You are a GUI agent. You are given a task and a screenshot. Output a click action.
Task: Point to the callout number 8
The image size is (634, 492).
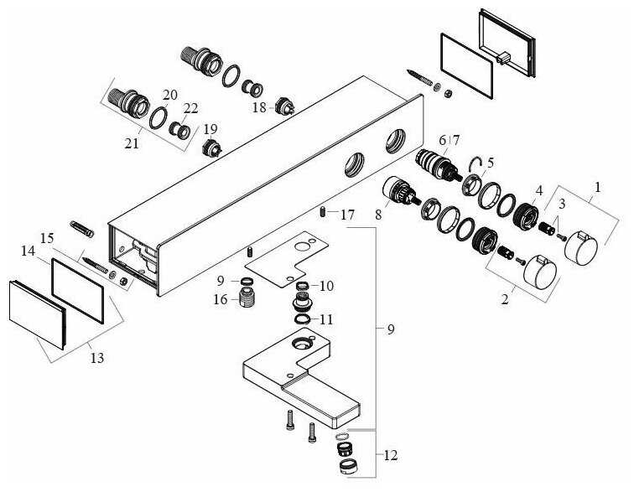pos(378,215)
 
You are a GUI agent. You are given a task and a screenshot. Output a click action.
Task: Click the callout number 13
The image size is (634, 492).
pos(97,358)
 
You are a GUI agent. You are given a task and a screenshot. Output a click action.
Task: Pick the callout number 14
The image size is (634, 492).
pos(29,251)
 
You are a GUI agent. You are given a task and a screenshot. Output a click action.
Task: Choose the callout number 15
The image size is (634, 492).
pos(47,239)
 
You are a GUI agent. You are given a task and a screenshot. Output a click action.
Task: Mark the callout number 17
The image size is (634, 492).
pos(347,215)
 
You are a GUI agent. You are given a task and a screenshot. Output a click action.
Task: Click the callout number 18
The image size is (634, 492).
pos(258,107)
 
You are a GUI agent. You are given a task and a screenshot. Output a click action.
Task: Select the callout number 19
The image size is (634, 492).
pos(210,129)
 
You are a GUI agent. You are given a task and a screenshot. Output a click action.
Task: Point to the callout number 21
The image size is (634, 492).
pos(131,144)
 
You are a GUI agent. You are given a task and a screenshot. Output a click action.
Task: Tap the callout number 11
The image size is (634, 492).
pos(326,319)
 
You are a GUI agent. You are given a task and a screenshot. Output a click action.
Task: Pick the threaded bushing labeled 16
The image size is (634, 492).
pos(247,297)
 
